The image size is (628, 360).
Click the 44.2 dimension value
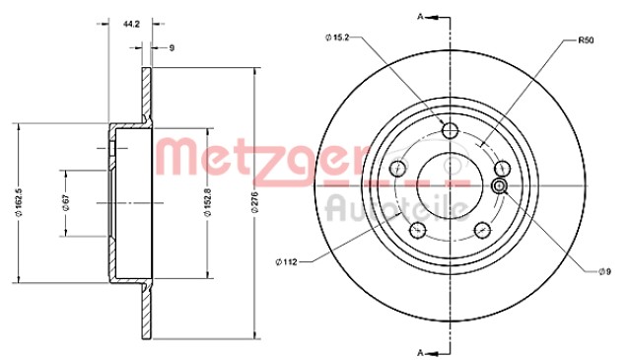point(131,24)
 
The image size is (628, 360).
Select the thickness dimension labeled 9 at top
point(172,48)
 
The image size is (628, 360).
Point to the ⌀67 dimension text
point(66,203)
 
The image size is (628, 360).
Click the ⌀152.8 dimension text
point(207,202)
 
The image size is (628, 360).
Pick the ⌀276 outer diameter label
point(254,202)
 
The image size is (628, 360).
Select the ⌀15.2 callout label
point(337,37)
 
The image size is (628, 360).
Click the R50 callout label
point(586,40)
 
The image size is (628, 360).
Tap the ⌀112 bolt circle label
point(286,262)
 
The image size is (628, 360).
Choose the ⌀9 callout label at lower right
point(604,272)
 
